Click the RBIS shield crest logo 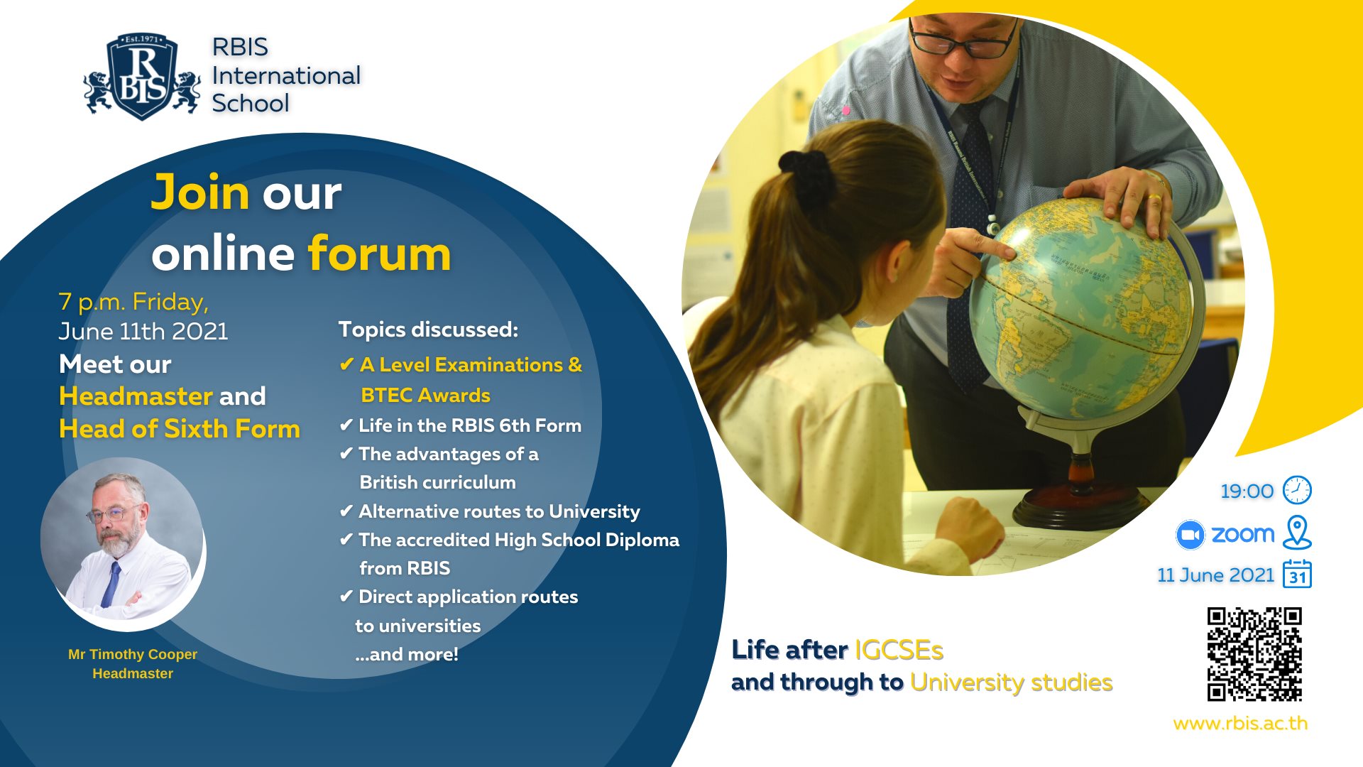click(142, 76)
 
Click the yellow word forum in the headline click(379, 253)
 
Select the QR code click(1254, 654)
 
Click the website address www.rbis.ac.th click(1240, 723)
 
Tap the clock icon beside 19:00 click(1297, 490)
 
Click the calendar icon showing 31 click(1297, 574)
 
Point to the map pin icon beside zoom click(1297, 533)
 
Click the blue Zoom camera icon click(1190, 535)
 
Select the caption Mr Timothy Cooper click(133, 654)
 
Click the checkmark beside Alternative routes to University click(346, 511)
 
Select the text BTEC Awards click(425, 395)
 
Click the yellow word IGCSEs click(899, 650)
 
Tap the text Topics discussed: click(428, 330)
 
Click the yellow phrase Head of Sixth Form click(180, 428)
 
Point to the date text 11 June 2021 click(1216, 575)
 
